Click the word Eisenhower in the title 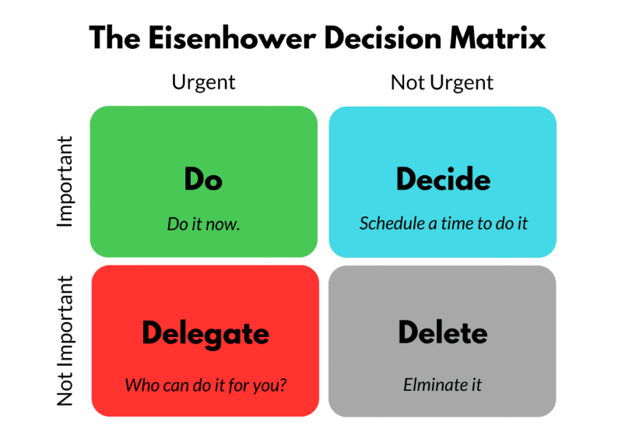pyautogui.click(x=233, y=38)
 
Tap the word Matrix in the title pyautogui.click(x=497, y=38)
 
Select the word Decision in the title pyautogui.click(x=383, y=38)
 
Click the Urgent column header pyautogui.click(x=203, y=83)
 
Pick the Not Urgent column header pyautogui.click(x=442, y=83)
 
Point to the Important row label pyautogui.click(x=65, y=181)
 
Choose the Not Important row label pyautogui.click(x=65, y=341)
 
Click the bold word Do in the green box pyautogui.click(x=203, y=179)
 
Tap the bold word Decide pyautogui.click(x=443, y=179)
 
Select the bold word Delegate pyautogui.click(x=205, y=335)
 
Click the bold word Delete pyautogui.click(x=443, y=332)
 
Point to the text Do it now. pyautogui.click(x=203, y=224)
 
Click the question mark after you pyautogui.click(x=283, y=385)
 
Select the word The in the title pyautogui.click(x=114, y=38)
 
